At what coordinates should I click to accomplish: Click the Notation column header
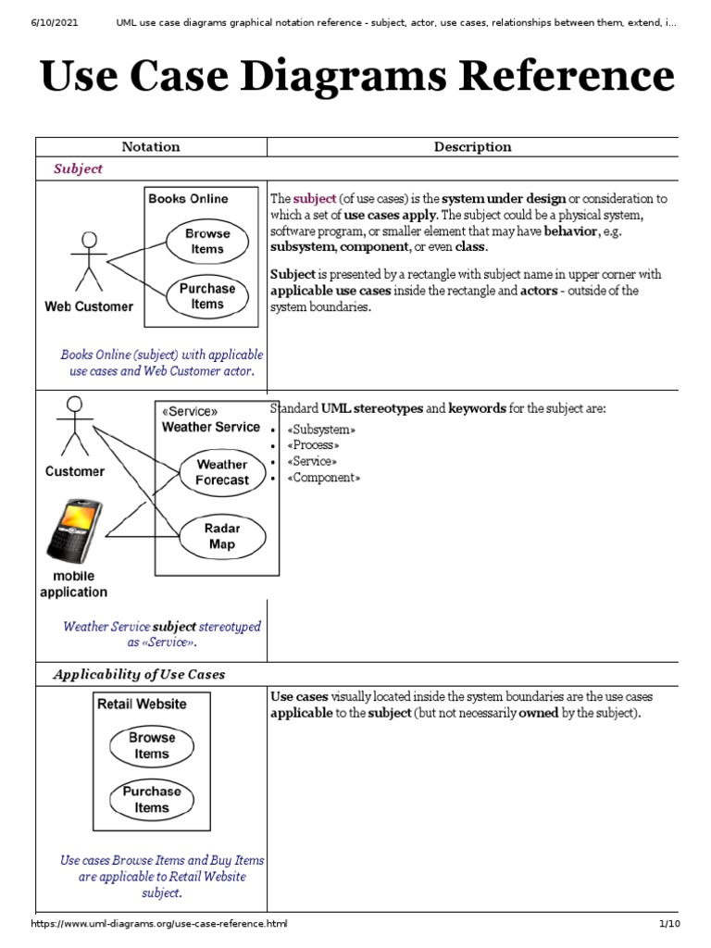pyautogui.click(x=151, y=146)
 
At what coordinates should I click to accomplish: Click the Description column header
pyautogui.click(x=472, y=146)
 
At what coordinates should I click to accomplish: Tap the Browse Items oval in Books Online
pyautogui.click(x=206, y=242)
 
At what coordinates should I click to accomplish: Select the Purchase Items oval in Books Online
pyautogui.click(x=206, y=296)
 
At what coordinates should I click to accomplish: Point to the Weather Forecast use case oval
pyautogui.click(x=221, y=472)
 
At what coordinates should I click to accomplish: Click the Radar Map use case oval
pyautogui.click(x=221, y=536)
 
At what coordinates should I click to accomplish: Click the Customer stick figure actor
pyautogui.click(x=74, y=427)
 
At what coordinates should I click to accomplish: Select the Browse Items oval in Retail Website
pyautogui.click(x=151, y=745)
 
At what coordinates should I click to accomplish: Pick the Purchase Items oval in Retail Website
pyautogui.click(x=151, y=799)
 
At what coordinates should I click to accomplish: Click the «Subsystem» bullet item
pyautogui.click(x=321, y=430)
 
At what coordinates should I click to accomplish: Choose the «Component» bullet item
pyautogui.click(x=323, y=478)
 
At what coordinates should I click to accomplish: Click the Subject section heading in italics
pyautogui.click(x=78, y=168)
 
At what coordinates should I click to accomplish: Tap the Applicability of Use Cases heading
pyautogui.click(x=139, y=674)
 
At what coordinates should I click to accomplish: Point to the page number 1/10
pyautogui.click(x=669, y=924)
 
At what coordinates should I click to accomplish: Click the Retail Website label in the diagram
pyautogui.click(x=142, y=704)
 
